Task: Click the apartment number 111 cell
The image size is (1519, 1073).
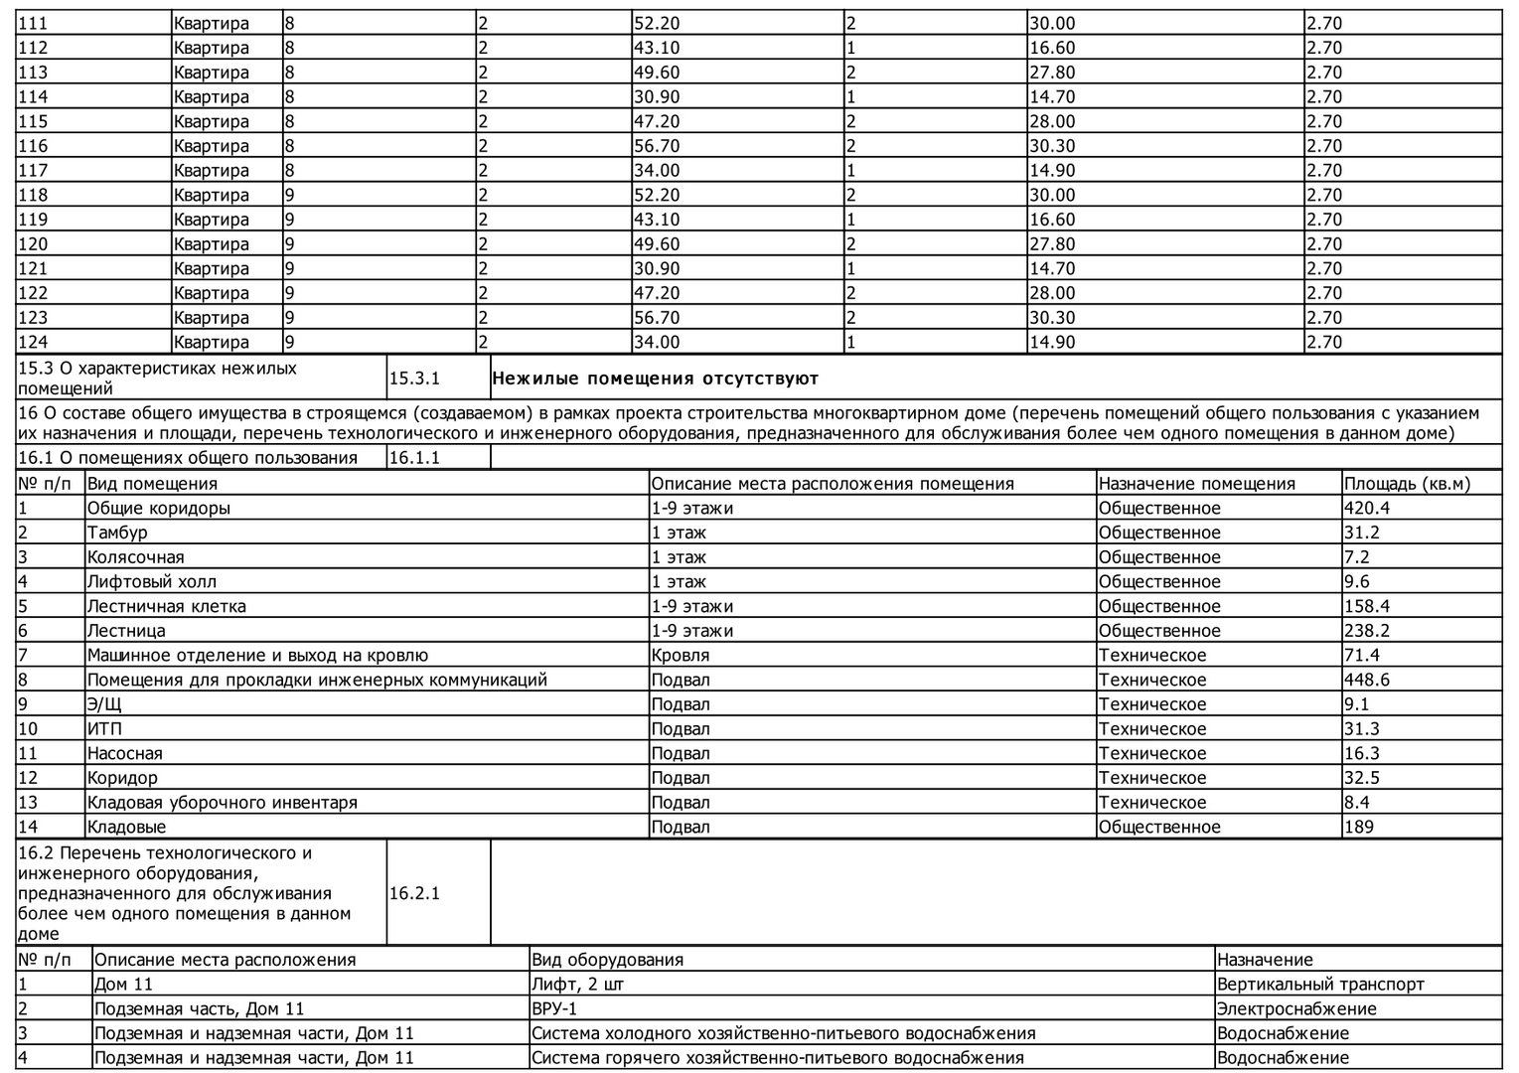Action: coord(33,23)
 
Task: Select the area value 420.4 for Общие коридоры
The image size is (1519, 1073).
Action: coord(1368,508)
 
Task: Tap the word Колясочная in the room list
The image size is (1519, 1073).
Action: coord(135,557)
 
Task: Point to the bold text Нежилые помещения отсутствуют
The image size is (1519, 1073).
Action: coord(655,379)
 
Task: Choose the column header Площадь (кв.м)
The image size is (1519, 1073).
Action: coord(1407,484)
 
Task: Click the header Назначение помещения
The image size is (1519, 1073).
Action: coord(1196,484)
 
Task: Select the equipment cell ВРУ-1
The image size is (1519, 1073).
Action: coord(554,1009)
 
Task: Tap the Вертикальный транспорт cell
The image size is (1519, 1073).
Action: coord(1320,985)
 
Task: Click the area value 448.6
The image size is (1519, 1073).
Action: coord(1367,680)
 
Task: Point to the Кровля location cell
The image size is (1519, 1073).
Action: coord(681,656)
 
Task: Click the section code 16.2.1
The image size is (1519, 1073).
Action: coord(414,893)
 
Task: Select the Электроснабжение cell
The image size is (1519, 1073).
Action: coord(1296,1009)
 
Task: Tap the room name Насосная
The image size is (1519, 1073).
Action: coord(124,753)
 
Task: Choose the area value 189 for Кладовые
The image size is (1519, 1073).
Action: coord(1358,827)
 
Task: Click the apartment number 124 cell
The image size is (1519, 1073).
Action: coord(33,342)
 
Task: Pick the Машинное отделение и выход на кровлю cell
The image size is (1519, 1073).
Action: coord(257,656)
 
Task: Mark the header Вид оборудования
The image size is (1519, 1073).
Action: coord(607,960)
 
